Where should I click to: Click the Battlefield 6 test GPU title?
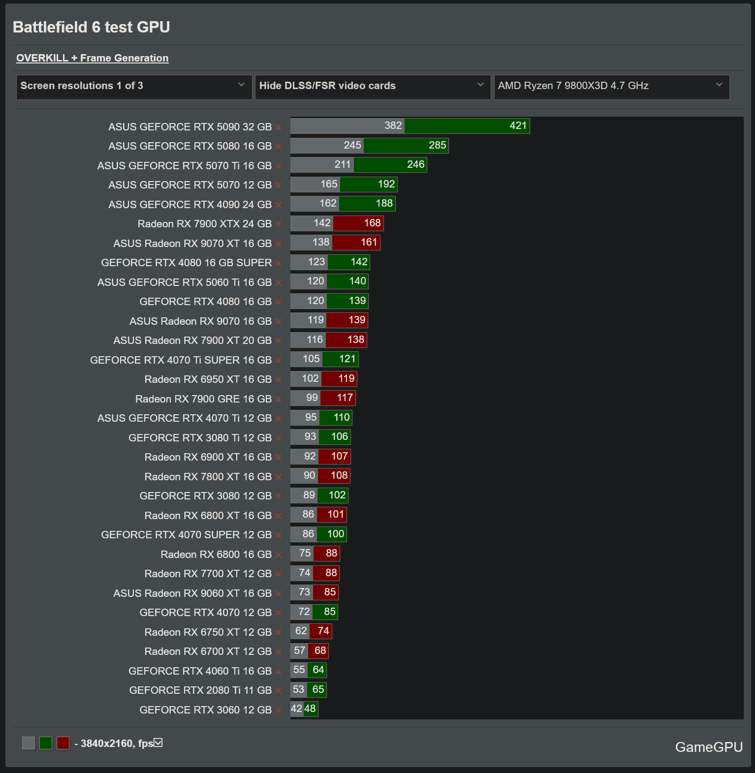[x=92, y=27]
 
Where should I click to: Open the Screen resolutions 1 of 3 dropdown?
[x=134, y=86]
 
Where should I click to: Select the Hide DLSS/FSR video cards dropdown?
[x=372, y=86]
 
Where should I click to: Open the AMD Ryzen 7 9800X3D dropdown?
[x=611, y=86]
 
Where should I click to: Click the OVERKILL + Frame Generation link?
[x=93, y=58]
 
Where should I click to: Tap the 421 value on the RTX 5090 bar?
[x=518, y=126]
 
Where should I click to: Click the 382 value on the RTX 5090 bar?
[x=393, y=126]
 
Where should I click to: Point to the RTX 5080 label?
[x=190, y=146]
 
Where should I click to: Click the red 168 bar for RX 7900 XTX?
[x=358, y=223]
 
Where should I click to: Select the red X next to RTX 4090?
[x=278, y=205]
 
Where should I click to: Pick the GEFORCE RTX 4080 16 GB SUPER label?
[x=187, y=263]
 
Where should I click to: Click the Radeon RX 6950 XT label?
[x=208, y=379]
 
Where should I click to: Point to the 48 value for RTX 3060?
[x=310, y=709]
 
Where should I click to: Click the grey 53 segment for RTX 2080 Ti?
[x=298, y=690]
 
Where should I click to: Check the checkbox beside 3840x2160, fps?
[x=158, y=742]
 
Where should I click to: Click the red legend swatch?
[x=63, y=743]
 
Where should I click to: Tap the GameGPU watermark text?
[x=708, y=747]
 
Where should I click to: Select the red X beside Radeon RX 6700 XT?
[x=278, y=652]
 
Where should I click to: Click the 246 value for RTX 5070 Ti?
[x=415, y=165]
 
